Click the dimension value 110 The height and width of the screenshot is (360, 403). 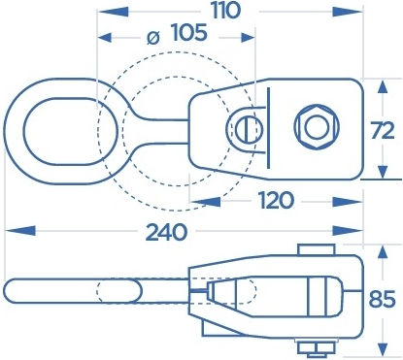click(226, 11)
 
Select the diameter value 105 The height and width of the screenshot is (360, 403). click(188, 33)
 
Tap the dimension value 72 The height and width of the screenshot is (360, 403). click(383, 130)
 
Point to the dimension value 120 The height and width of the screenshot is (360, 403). click(276, 200)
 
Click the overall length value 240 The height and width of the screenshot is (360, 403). click(166, 232)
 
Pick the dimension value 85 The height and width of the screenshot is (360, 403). click(382, 299)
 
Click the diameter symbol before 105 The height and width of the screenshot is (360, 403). click(153, 38)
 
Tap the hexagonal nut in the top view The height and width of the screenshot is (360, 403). click(317, 126)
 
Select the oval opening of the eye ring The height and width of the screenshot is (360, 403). click(71, 131)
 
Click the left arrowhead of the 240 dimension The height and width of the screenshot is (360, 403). click(20, 231)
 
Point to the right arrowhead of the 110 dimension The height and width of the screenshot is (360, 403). click(348, 12)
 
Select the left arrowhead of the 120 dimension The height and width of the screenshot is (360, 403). click(205, 202)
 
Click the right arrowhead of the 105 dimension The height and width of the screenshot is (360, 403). click(248, 38)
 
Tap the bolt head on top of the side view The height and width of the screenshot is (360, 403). click(317, 249)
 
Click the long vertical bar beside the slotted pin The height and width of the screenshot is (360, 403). click(268, 129)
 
